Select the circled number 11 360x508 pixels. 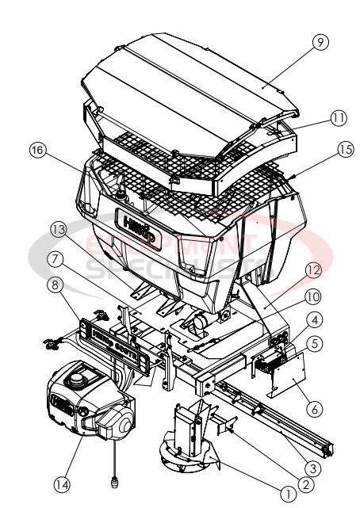tap(339, 117)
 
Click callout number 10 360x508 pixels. tap(316, 296)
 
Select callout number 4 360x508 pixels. tap(316, 319)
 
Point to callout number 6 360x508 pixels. tap(316, 409)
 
